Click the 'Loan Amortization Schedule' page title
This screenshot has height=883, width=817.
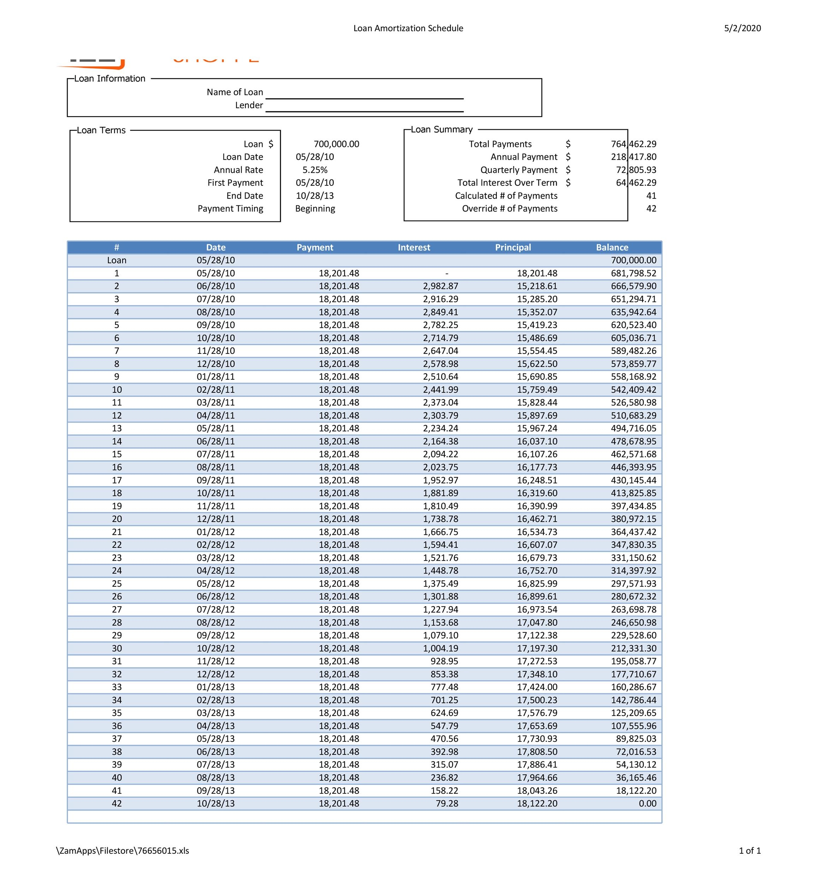tap(408, 28)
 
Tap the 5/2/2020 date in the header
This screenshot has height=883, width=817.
tap(742, 28)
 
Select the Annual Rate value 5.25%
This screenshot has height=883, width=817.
tap(315, 170)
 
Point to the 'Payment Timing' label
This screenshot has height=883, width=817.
tap(230, 208)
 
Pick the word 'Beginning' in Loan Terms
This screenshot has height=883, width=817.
tap(315, 208)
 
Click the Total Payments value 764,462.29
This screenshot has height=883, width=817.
tap(633, 144)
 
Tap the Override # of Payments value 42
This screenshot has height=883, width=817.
tap(651, 208)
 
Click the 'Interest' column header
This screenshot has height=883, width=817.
tap(413, 247)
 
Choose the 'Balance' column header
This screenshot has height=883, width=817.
tap(612, 247)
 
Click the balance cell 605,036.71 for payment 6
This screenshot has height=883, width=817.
tap(633, 338)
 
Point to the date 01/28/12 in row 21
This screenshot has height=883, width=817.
tap(215, 532)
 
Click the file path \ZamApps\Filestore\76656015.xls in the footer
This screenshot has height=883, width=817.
tap(123, 850)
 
